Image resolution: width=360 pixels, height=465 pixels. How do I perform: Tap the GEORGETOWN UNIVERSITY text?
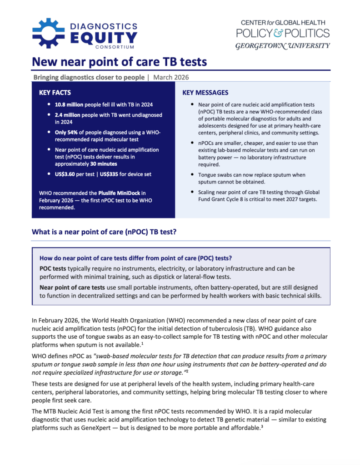tap(282, 46)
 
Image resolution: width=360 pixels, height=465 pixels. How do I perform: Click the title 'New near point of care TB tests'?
tap(119, 62)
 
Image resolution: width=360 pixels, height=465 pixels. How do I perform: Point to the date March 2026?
tap(171, 77)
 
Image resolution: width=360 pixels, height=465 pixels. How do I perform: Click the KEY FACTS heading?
tap(55, 93)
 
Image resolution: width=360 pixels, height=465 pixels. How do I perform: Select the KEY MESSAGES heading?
tap(205, 93)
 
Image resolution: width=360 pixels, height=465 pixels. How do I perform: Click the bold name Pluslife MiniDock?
tap(122, 193)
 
